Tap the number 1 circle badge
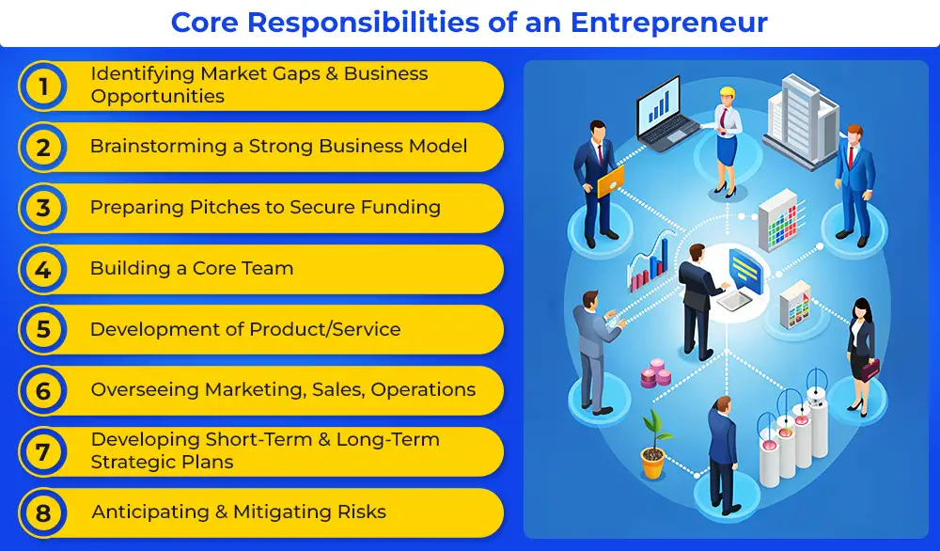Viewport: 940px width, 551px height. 42,87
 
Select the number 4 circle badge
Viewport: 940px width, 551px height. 42,269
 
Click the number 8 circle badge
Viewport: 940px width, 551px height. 42,513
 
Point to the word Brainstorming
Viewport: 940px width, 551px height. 158,147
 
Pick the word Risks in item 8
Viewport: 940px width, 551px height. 362,512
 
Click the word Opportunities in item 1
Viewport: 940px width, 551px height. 158,97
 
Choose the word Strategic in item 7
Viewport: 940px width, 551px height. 134,463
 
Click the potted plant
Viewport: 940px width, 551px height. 654,444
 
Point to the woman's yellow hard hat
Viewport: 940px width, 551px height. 727,93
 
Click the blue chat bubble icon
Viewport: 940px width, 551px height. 745,270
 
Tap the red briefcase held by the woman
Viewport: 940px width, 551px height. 869,369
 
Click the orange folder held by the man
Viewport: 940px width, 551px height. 610,181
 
